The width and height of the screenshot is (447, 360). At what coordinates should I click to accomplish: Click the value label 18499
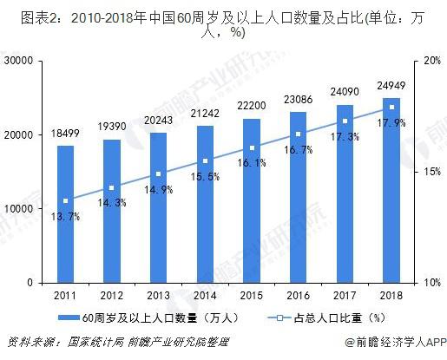[x=66, y=132]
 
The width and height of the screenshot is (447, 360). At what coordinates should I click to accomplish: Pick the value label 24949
[x=391, y=84]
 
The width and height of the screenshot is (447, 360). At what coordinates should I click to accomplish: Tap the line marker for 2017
[x=345, y=121]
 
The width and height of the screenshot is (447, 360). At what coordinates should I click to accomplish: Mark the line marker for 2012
[x=112, y=187]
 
